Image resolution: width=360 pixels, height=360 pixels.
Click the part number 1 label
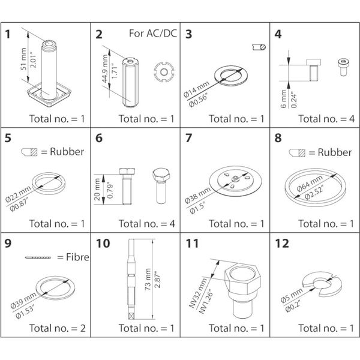[x=9, y=34]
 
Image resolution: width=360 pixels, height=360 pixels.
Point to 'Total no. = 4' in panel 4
[x=322, y=118]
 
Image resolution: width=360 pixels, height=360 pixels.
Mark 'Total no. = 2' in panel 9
[x=52, y=328]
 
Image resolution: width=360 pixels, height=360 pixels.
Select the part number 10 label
[x=103, y=244]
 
